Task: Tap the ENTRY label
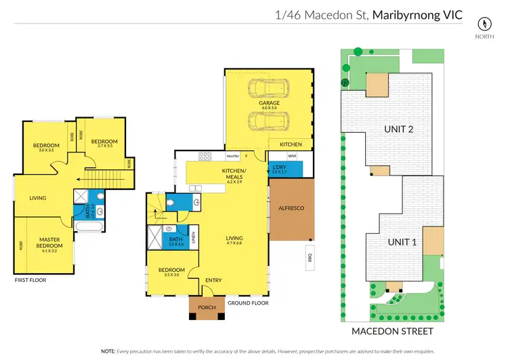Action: click(213, 279)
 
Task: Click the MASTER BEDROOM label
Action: click(50, 242)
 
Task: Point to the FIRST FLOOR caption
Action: click(31, 279)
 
